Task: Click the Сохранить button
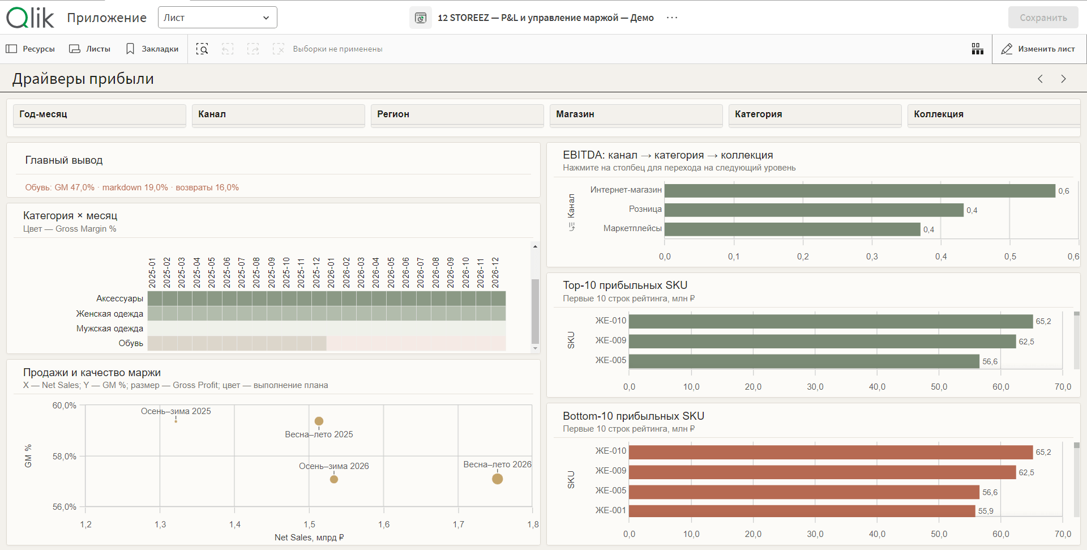1043,18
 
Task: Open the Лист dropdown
217,18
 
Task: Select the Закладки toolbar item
152,49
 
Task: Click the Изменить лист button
1038,49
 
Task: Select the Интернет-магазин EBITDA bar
860,191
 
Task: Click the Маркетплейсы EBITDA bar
793,229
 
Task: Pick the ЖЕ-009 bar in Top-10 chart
823,341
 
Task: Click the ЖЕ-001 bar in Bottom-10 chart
802,510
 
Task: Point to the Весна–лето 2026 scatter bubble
498,479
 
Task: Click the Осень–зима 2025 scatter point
176,421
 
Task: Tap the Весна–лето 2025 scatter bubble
319,421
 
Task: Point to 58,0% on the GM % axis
65,457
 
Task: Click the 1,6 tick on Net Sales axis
384,525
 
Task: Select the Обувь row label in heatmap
131,343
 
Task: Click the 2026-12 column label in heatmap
495,272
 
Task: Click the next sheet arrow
1063,79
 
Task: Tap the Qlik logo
30,18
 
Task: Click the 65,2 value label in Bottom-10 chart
1043,452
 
